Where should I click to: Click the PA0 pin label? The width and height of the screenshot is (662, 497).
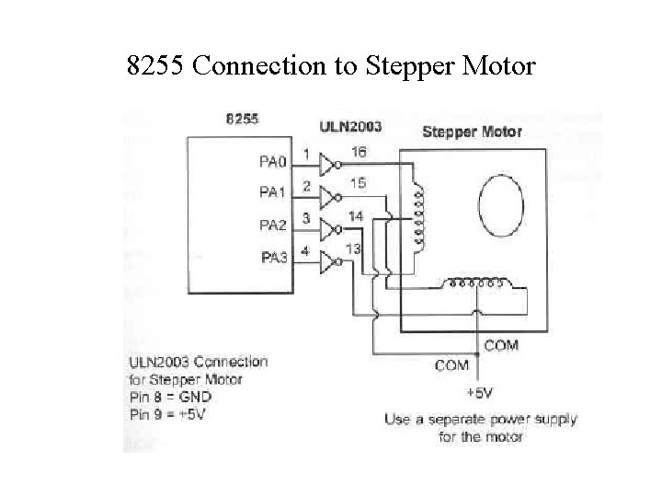pos(273,162)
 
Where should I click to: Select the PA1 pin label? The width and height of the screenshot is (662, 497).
pos(273,193)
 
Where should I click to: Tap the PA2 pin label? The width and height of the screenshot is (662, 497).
pos(273,225)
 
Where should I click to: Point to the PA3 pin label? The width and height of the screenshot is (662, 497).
pos(273,258)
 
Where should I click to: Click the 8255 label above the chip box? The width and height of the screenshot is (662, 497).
pos(243,119)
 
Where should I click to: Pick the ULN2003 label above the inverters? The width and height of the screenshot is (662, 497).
pos(349,126)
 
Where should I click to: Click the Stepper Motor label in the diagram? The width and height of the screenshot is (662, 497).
pos(472,132)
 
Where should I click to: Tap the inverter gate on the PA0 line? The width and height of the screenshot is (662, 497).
pos(328,165)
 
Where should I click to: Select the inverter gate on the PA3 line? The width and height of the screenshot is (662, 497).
pos(328,264)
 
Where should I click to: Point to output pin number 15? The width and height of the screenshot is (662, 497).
pos(358,184)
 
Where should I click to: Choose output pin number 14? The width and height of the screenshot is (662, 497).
pos(354,215)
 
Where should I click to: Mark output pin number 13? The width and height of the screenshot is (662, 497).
pos(352,248)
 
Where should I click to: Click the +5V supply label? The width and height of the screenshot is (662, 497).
pos(479,394)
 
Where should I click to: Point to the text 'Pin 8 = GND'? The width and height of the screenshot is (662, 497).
pos(171,397)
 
